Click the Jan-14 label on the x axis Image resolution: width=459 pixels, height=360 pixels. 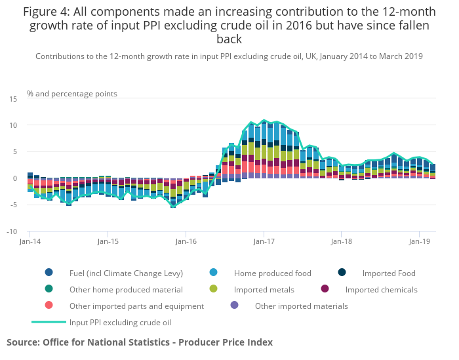[30, 241]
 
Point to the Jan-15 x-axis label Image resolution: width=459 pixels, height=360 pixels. [108, 241]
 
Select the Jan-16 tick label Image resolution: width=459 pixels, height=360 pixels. [186, 241]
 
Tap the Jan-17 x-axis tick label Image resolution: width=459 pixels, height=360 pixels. [264, 241]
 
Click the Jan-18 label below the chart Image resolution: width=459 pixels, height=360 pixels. [341, 241]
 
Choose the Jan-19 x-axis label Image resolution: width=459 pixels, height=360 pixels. [420, 241]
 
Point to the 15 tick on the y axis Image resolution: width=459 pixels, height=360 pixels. [13, 98]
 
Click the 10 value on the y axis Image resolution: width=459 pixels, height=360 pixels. [13, 125]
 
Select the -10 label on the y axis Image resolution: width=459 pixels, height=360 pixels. [12, 231]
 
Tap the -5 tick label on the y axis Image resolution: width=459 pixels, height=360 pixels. [13, 205]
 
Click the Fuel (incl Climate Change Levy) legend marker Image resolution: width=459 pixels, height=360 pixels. [49, 273]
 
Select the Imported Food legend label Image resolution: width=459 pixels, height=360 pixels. [389, 273]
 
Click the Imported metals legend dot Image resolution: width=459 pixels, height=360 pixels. [214, 289]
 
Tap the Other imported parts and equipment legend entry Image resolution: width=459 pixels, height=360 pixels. [136, 306]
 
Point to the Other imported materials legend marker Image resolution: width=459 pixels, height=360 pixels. [235, 306]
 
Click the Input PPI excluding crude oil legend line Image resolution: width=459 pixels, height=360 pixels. [49, 322]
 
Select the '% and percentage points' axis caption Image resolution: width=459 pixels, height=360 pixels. [72, 93]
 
